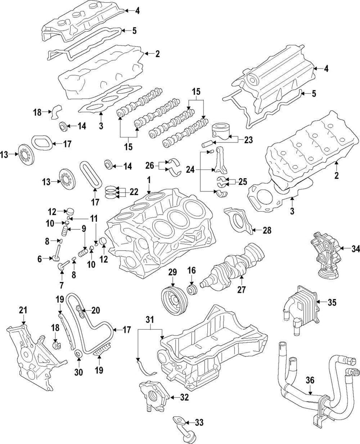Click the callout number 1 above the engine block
pos(148,179)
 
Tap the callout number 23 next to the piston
pos(248,140)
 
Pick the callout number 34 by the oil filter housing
pos(344,248)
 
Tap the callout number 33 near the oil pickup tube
pos(199,421)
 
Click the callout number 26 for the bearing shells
pos(149,165)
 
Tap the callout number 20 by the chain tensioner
pos(95,310)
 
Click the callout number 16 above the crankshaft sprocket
pos(191,271)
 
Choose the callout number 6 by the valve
pos(40,259)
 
